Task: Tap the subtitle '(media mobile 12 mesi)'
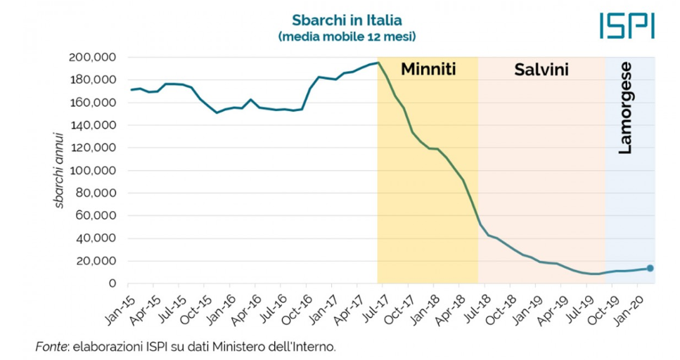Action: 342,35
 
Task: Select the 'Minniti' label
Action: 428,70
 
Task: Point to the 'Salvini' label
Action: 541,70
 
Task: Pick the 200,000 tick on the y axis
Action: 93,58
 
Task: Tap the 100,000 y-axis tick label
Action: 93,171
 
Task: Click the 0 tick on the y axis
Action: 112,284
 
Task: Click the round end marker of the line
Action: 650,268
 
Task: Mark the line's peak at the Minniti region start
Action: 378,63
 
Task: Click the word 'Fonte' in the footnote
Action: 49,347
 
